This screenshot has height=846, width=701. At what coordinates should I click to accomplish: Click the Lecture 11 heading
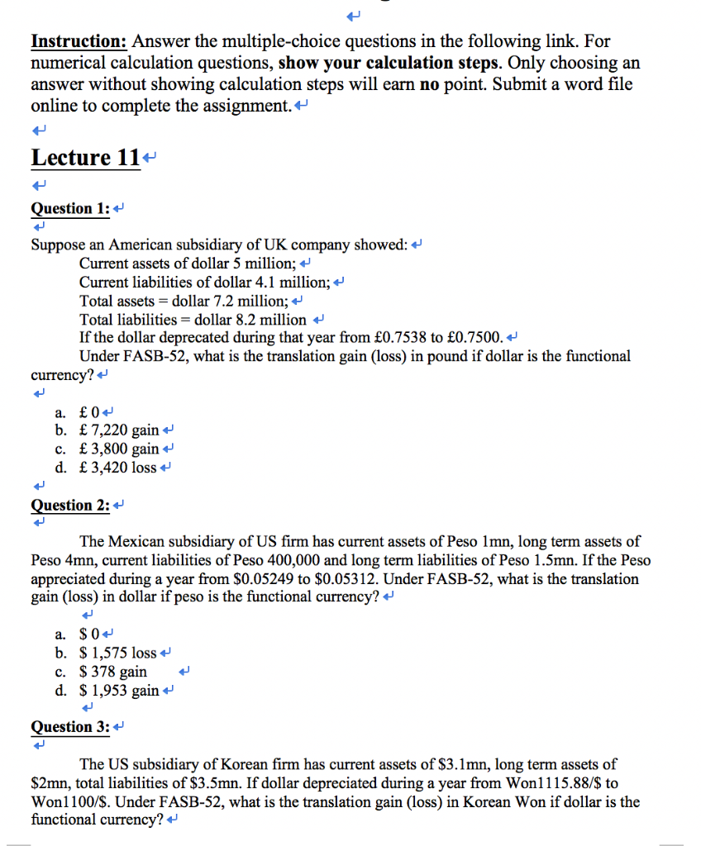point(84,157)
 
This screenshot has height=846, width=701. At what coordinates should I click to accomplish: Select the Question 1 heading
point(70,208)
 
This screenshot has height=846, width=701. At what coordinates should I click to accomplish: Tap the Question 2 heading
point(70,505)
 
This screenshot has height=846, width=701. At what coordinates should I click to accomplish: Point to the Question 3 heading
point(70,726)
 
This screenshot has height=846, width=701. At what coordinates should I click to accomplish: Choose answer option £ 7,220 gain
point(119,430)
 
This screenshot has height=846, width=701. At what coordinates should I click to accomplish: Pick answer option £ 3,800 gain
point(119,449)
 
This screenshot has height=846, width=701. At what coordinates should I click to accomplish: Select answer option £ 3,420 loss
point(117,468)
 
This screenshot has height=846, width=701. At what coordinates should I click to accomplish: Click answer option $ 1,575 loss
point(117,653)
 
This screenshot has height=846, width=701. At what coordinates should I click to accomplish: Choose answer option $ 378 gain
point(113,671)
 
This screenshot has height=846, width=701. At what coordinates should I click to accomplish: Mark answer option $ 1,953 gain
point(119,690)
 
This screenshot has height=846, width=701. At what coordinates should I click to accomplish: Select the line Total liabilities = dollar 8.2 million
point(193,319)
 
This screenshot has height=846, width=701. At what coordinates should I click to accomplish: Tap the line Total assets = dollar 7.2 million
point(184,301)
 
